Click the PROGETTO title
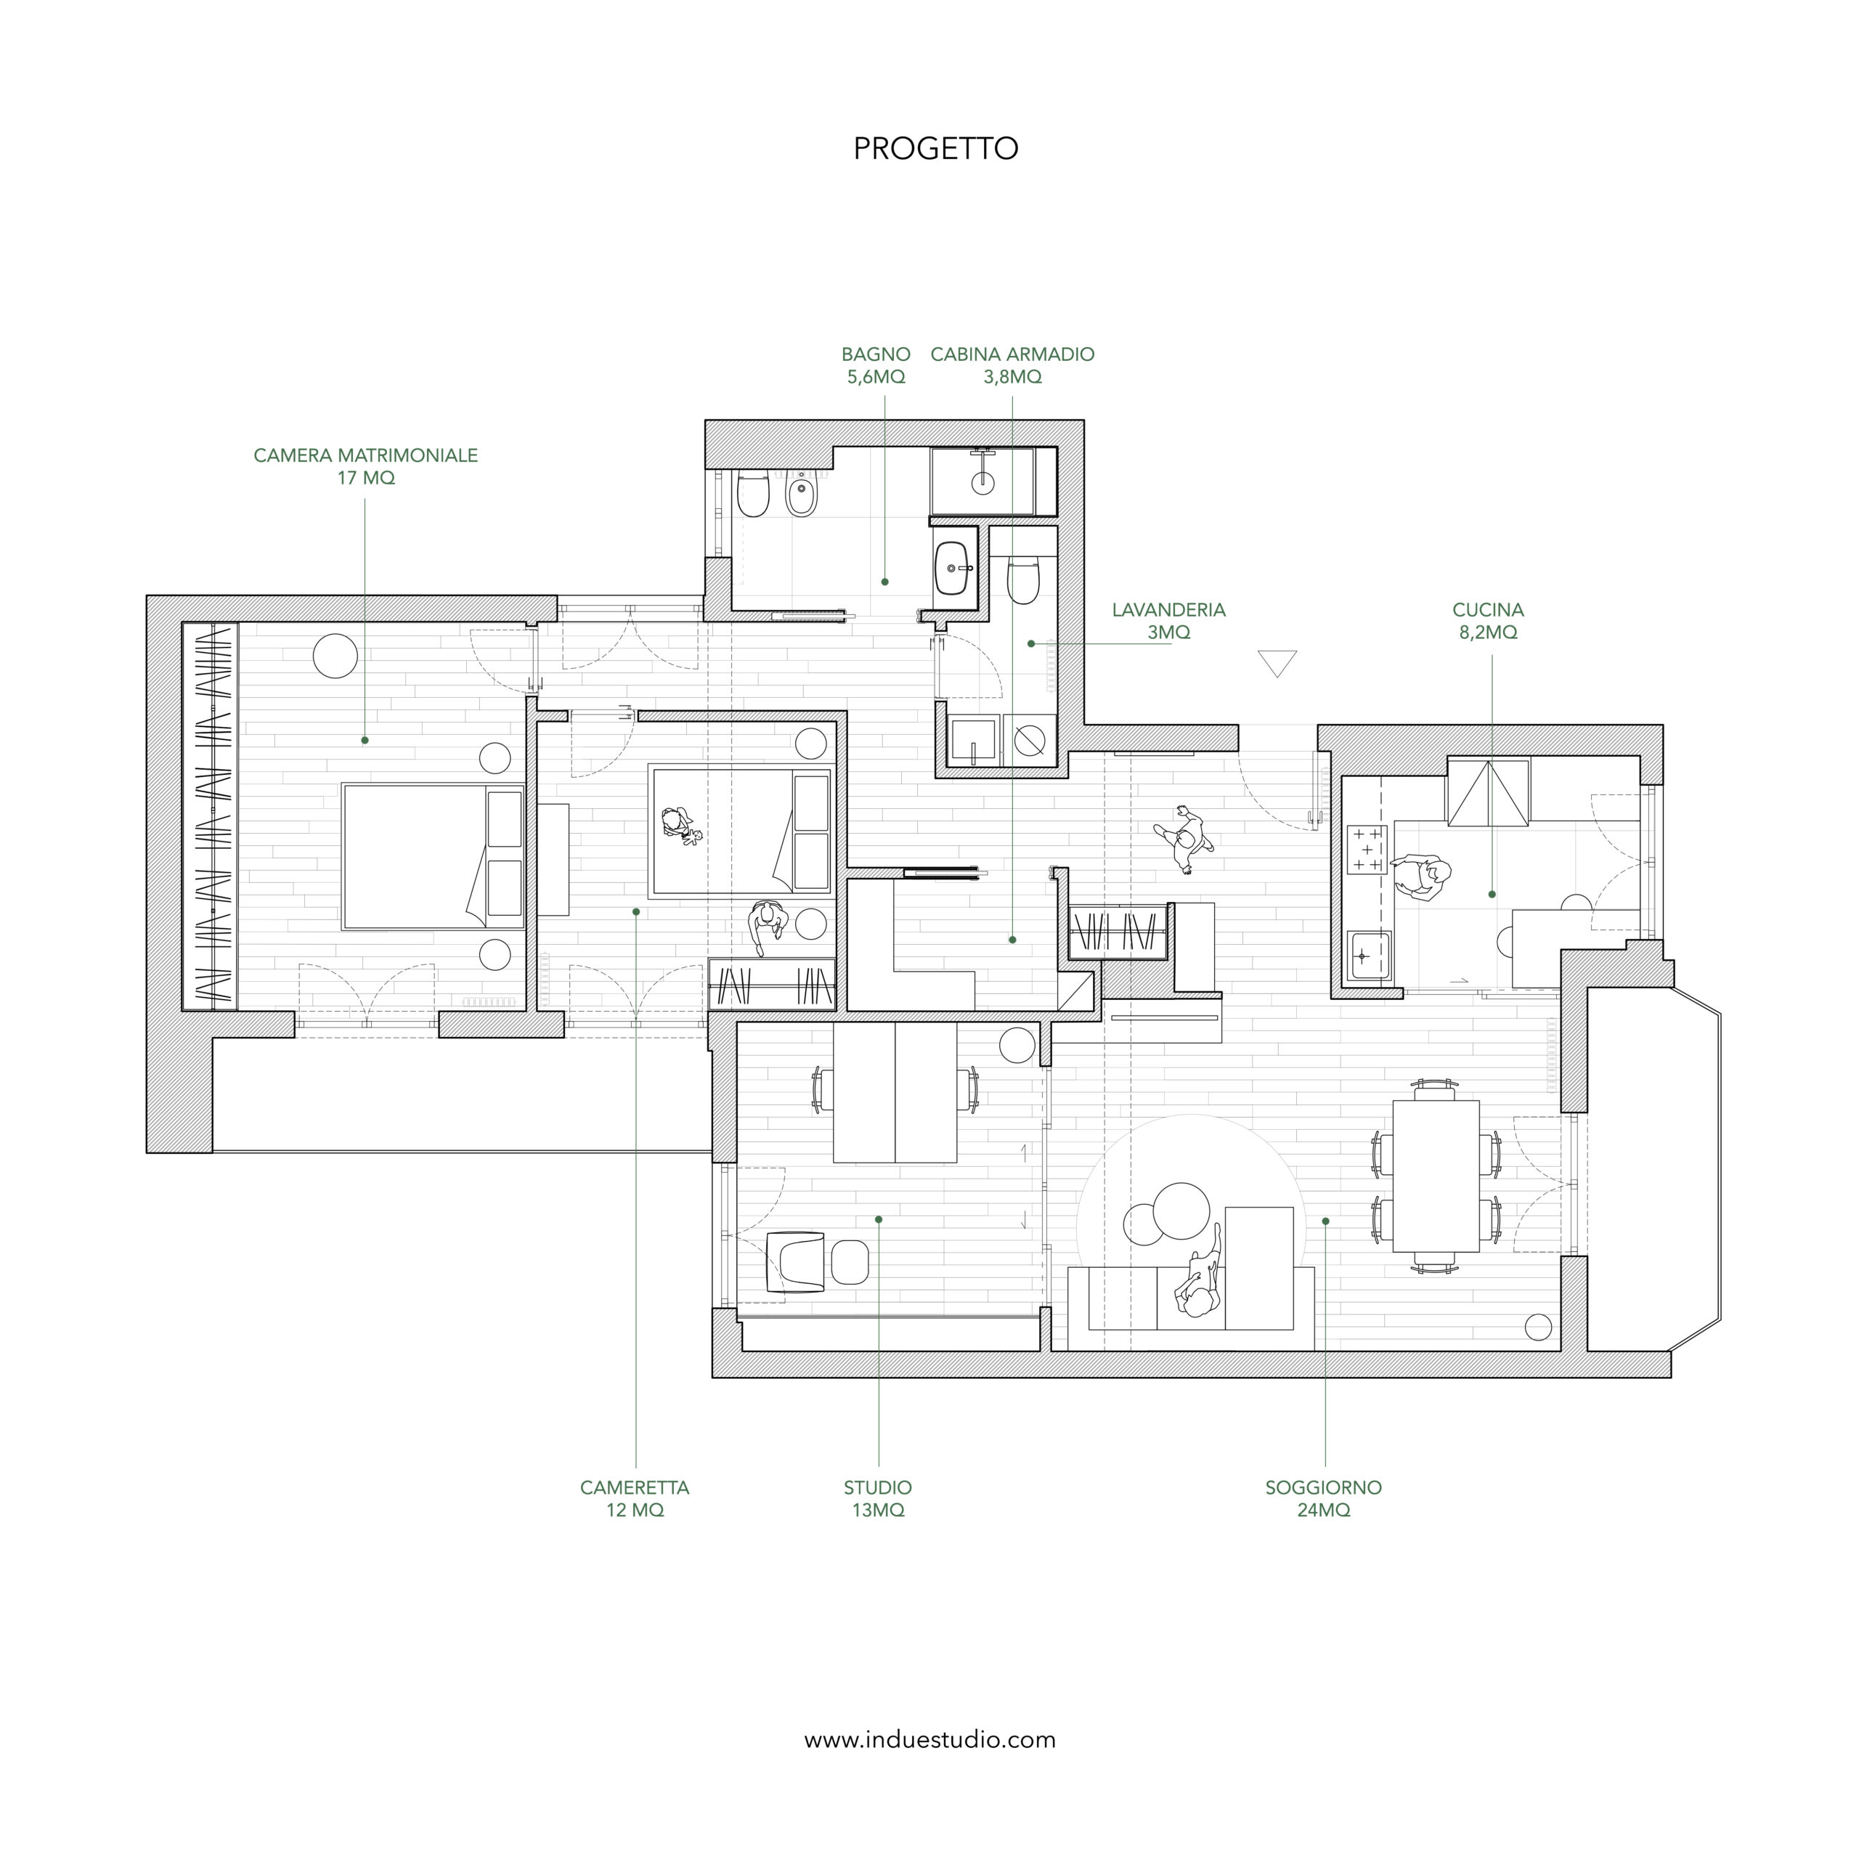pyautogui.click(x=935, y=148)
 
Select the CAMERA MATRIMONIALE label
pyautogui.click(x=366, y=465)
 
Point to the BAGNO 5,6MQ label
pyautogui.click(x=876, y=365)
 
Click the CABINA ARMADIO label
pyautogui.click(x=1012, y=365)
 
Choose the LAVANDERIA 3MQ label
pyautogui.click(x=1168, y=621)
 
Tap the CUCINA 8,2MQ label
pyautogui.click(x=1488, y=621)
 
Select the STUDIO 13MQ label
pyautogui.click(x=877, y=1498)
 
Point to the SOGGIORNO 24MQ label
pyautogui.click(x=1323, y=1498)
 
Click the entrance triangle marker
pyautogui.click(x=1277, y=663)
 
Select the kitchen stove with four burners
pyautogui.click(x=1367, y=850)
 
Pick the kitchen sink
pyautogui.click(x=1367, y=956)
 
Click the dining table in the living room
pyautogui.click(x=1436, y=1176)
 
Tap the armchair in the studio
pyautogui.click(x=796, y=1261)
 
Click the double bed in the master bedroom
pyautogui.click(x=433, y=856)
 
